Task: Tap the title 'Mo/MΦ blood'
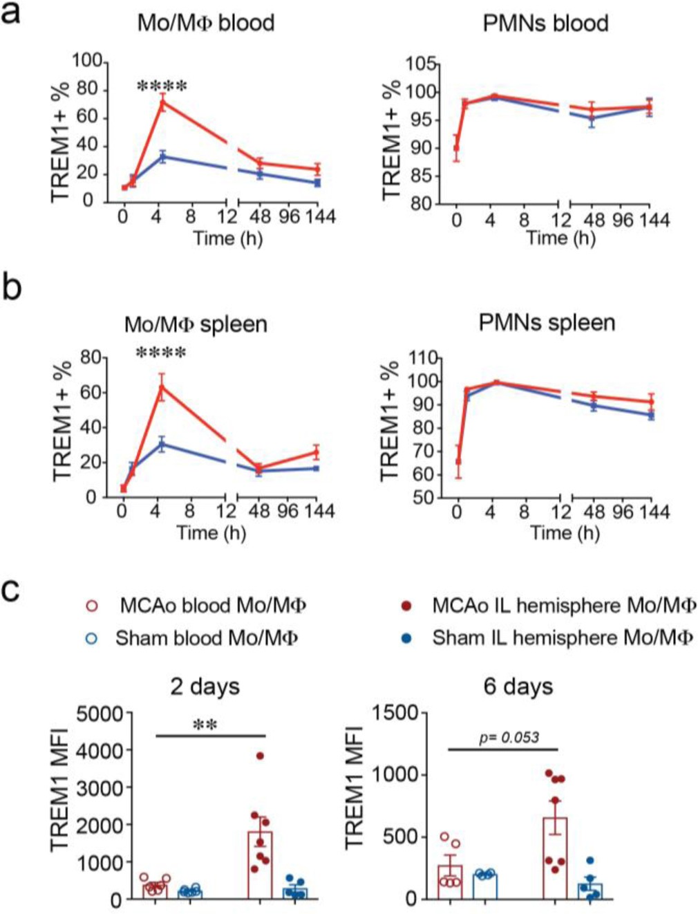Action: [x=205, y=23]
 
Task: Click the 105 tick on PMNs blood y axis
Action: [x=420, y=64]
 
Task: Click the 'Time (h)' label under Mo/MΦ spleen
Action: [x=211, y=533]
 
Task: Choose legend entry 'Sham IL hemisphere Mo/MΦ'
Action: [x=563, y=637]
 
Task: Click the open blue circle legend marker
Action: [x=91, y=638]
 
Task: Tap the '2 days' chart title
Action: [x=205, y=687]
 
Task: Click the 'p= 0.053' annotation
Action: [x=509, y=738]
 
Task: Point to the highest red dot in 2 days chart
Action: [x=260, y=756]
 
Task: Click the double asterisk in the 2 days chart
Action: [x=205, y=725]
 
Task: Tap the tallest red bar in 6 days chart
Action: [x=554, y=858]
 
